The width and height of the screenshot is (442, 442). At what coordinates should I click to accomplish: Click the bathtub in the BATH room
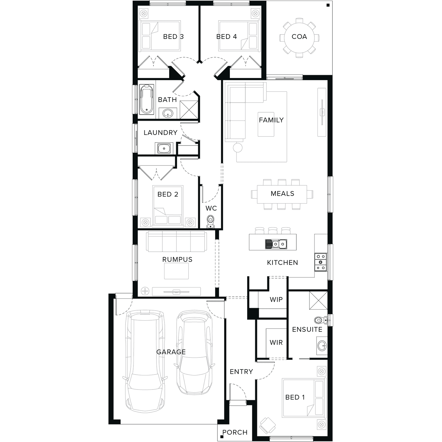pyautogui.click(x=147, y=99)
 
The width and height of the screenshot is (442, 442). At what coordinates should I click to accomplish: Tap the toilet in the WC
pyautogui.click(x=210, y=222)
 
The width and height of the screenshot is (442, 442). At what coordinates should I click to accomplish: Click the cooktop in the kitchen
pyautogui.click(x=321, y=262)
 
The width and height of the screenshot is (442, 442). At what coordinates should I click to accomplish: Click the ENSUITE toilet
pyautogui.click(x=321, y=320)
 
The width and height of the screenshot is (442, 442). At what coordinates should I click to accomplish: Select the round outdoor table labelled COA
pyautogui.click(x=299, y=37)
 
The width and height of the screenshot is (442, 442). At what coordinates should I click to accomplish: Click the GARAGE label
pyautogui.click(x=171, y=352)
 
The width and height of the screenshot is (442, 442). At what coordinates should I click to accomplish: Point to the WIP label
pyautogui.click(x=276, y=300)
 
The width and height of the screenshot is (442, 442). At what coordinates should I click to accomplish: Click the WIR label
pyautogui.click(x=276, y=342)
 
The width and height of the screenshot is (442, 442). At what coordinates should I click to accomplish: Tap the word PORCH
pyautogui.click(x=235, y=432)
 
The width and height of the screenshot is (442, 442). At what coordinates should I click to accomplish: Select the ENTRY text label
pyautogui.click(x=241, y=372)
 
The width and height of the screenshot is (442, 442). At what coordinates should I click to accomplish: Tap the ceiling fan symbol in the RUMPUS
pyautogui.click(x=145, y=291)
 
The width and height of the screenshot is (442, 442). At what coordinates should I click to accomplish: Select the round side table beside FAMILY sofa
pyautogui.click(x=238, y=147)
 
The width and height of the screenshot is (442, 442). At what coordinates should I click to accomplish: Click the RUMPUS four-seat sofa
pyautogui.click(x=176, y=241)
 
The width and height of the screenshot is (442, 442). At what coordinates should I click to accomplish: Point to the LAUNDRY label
pyautogui.click(x=161, y=133)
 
